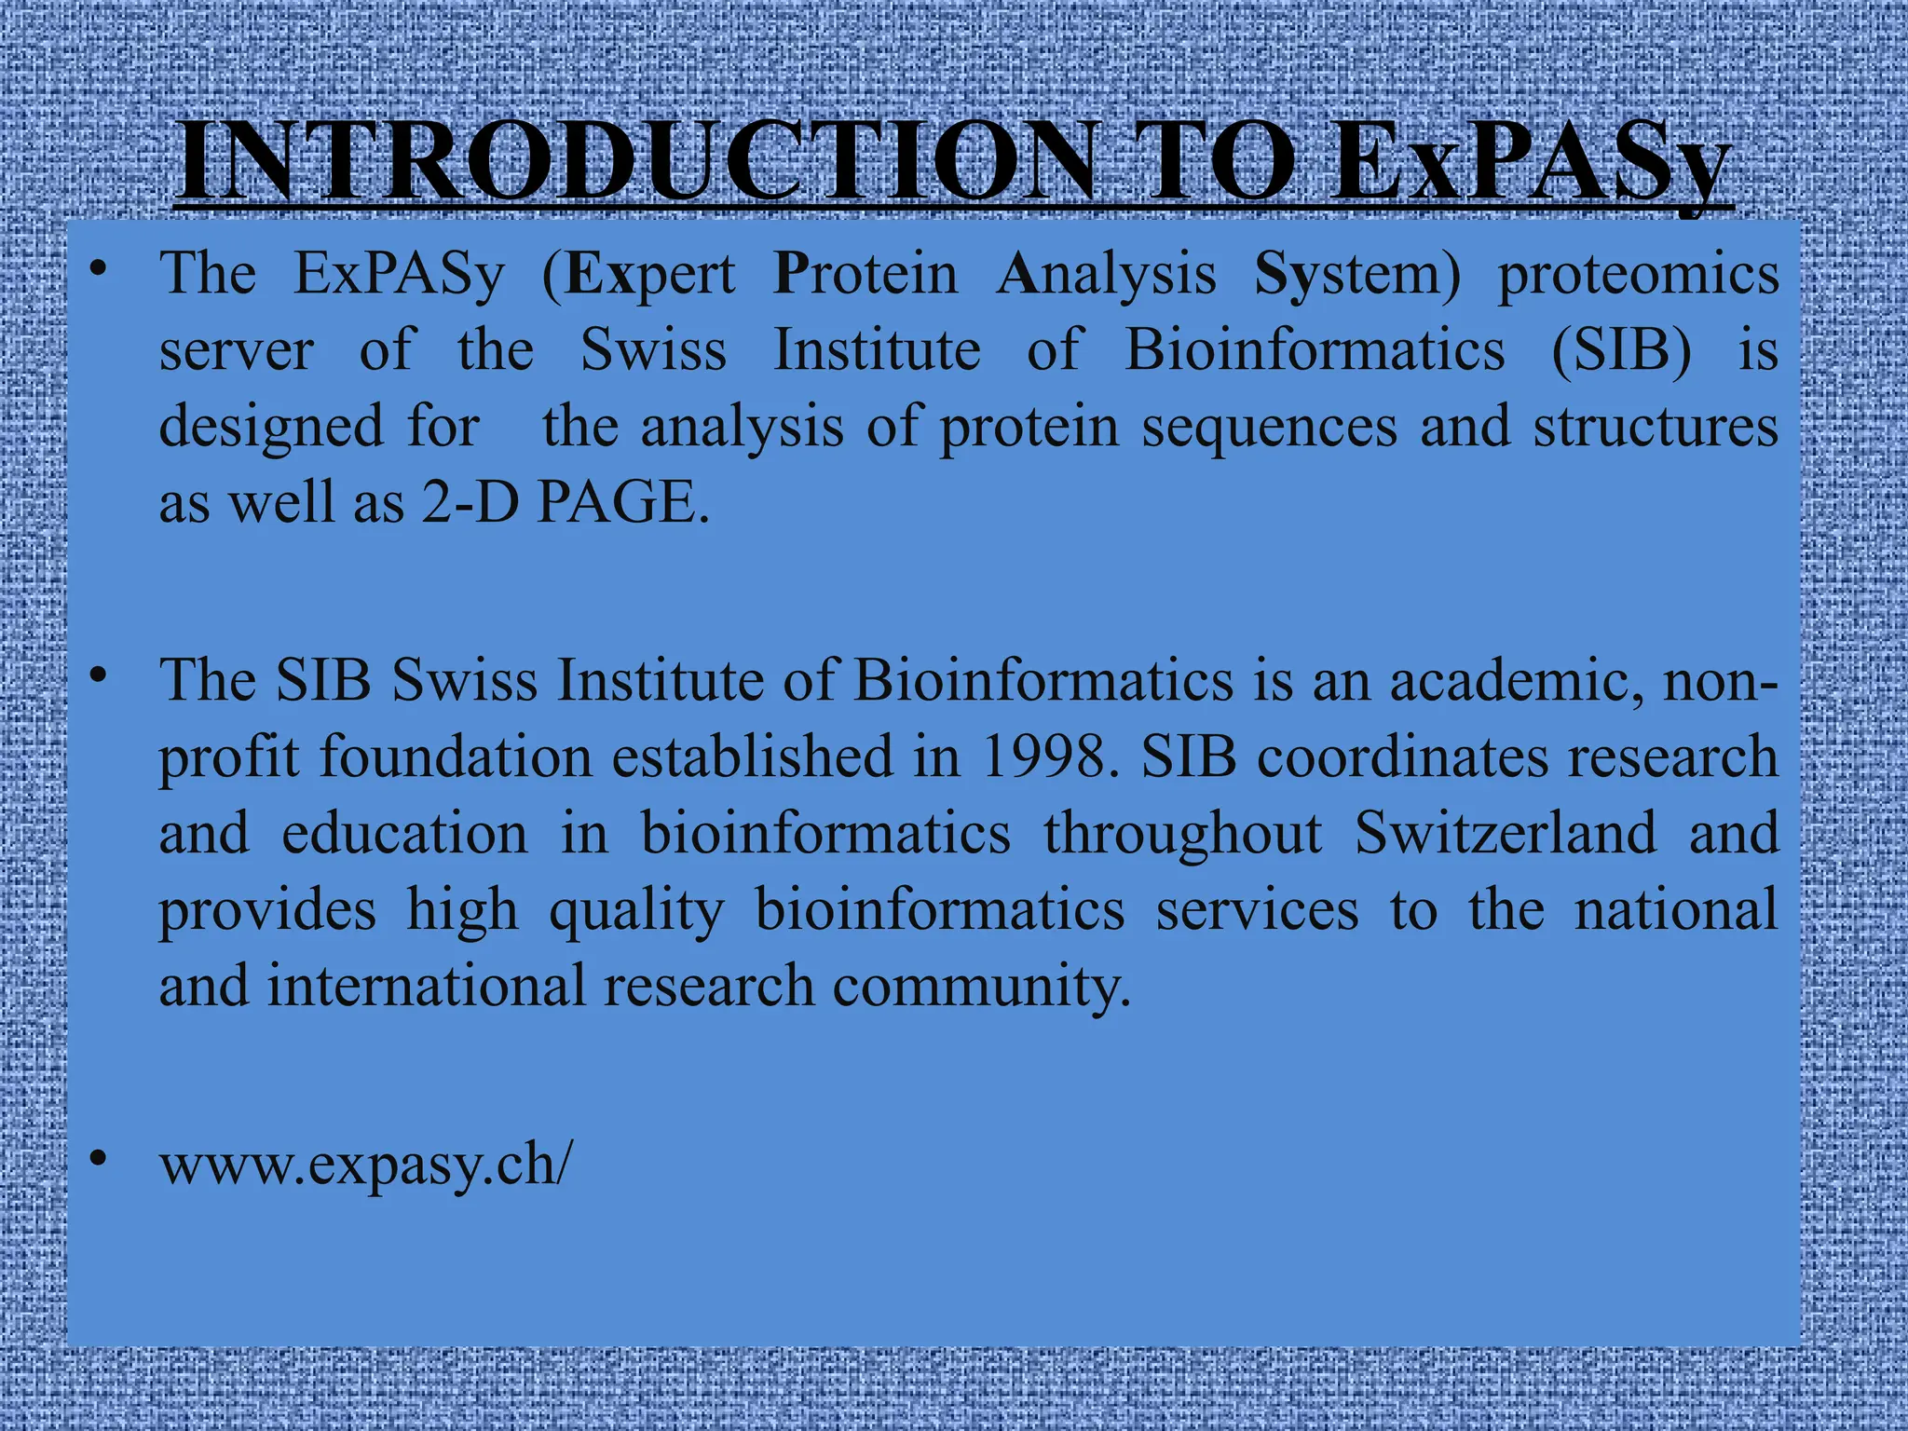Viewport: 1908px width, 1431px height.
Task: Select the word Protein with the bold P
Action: (865, 275)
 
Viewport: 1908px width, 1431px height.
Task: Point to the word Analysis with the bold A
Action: (1107, 275)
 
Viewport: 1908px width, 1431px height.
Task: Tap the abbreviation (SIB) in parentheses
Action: (1621, 351)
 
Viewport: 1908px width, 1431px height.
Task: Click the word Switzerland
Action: (1505, 833)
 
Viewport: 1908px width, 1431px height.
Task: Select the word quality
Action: (636, 911)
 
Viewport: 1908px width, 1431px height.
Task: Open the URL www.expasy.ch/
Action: (366, 1165)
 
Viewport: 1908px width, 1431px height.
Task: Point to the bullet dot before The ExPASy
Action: (98, 271)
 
